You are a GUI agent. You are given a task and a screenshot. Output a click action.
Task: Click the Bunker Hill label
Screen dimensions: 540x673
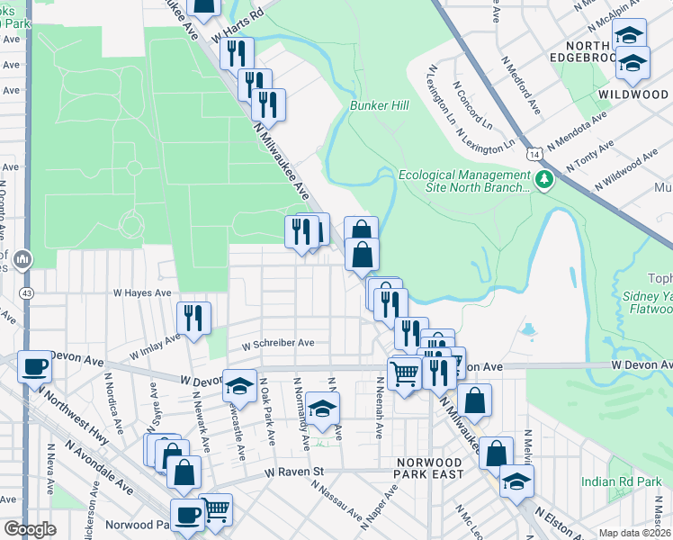379,106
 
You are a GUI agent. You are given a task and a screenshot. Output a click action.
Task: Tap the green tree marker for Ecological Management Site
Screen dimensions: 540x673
543,181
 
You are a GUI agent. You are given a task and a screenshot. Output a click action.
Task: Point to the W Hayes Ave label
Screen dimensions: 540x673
141,293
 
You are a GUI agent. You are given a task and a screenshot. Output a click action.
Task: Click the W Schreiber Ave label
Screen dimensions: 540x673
283,343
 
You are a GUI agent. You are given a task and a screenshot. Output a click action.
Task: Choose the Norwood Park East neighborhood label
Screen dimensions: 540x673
430,467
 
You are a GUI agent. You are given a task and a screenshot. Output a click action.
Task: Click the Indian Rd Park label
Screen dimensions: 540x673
621,482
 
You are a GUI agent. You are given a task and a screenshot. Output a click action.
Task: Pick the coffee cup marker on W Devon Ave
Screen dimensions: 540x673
34,366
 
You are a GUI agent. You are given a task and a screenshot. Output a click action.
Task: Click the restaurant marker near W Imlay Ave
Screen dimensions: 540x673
193,317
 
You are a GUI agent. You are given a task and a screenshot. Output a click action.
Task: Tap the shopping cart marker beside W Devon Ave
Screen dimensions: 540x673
404,371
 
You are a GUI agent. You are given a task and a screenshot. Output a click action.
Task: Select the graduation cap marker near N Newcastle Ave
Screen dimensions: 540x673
239,385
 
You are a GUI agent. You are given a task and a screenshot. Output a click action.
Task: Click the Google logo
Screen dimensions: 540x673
30,529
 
